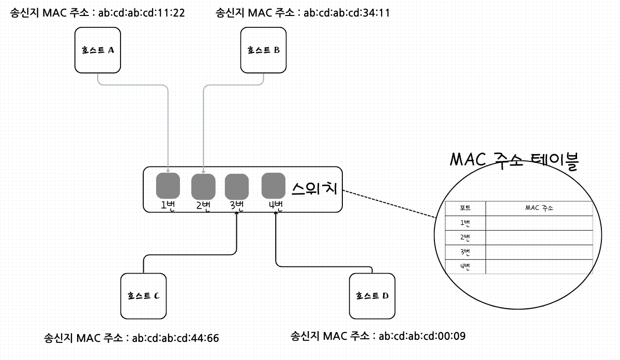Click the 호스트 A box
click(x=98, y=50)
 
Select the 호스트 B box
click(x=264, y=50)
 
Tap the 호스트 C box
click(x=143, y=296)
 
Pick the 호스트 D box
click(x=372, y=296)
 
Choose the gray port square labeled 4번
click(x=274, y=185)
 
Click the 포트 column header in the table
click(x=465, y=208)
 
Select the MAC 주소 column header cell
click(x=539, y=208)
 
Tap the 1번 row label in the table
click(x=465, y=223)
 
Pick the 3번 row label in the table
click(x=465, y=252)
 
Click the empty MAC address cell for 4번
click(x=539, y=267)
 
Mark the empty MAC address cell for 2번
click(x=539, y=238)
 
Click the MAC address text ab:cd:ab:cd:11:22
click(x=141, y=12)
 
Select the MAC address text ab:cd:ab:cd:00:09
click(x=422, y=336)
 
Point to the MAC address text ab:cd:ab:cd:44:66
click(x=175, y=339)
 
